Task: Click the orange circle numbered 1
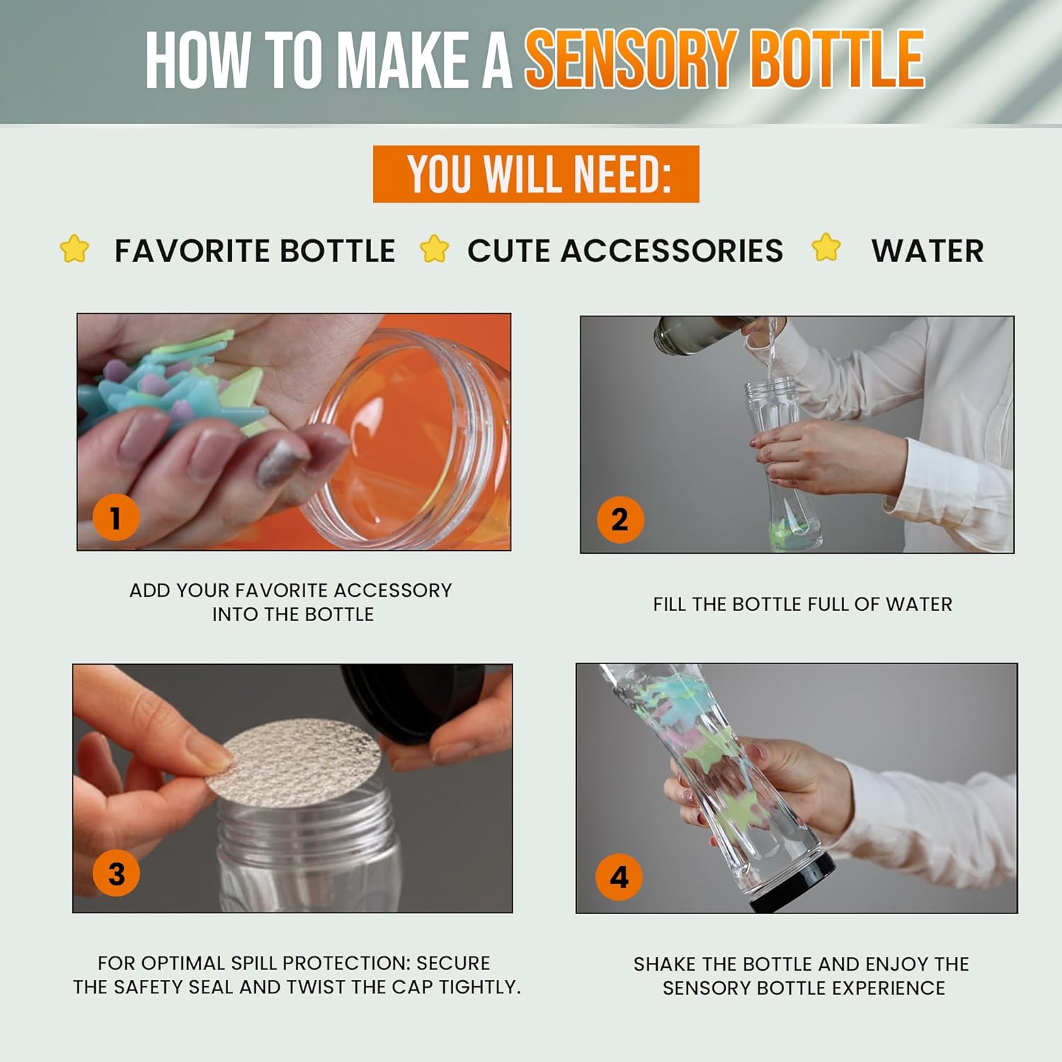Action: (x=115, y=517)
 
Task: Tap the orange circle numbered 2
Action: (x=619, y=520)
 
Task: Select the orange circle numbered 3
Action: (x=116, y=874)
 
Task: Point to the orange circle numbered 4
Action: (x=619, y=877)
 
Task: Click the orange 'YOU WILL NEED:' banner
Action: (x=536, y=174)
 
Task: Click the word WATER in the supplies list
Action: (x=927, y=251)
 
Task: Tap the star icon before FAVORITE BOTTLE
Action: (x=74, y=249)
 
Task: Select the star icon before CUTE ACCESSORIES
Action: (x=434, y=249)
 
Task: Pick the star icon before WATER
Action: (x=826, y=248)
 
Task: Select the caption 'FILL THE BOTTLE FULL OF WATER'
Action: (x=802, y=604)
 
